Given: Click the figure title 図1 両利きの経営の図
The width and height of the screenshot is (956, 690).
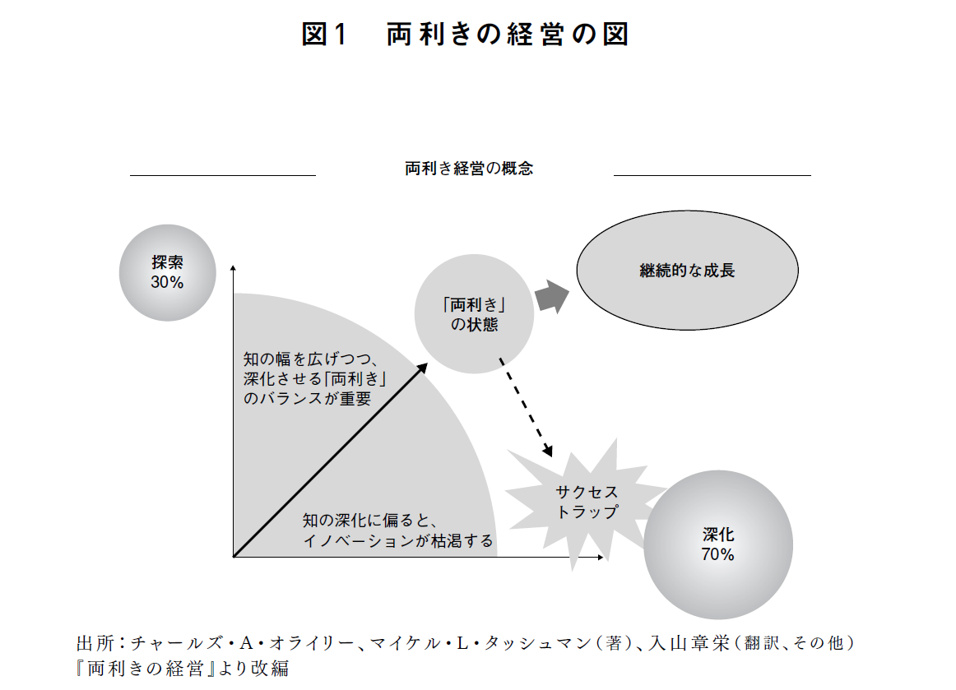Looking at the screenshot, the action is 465,35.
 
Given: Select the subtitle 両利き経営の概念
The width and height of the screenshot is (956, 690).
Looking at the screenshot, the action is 469,169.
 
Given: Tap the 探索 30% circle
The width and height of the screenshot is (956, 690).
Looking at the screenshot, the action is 167,272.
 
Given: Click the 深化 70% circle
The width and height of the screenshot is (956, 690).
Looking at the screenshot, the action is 717,544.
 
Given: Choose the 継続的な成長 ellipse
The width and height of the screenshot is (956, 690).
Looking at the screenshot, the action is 687,271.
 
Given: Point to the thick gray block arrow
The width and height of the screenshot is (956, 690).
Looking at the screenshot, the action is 551,295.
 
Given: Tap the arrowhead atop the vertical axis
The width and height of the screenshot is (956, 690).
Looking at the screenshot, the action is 234,271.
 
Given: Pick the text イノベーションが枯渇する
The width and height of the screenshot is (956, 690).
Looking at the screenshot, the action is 397,540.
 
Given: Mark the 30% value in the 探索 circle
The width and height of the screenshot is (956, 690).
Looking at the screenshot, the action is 167,282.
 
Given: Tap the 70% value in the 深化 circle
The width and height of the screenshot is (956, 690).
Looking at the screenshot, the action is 717,555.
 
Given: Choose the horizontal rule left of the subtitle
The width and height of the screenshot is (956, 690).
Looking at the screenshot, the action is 223,175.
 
